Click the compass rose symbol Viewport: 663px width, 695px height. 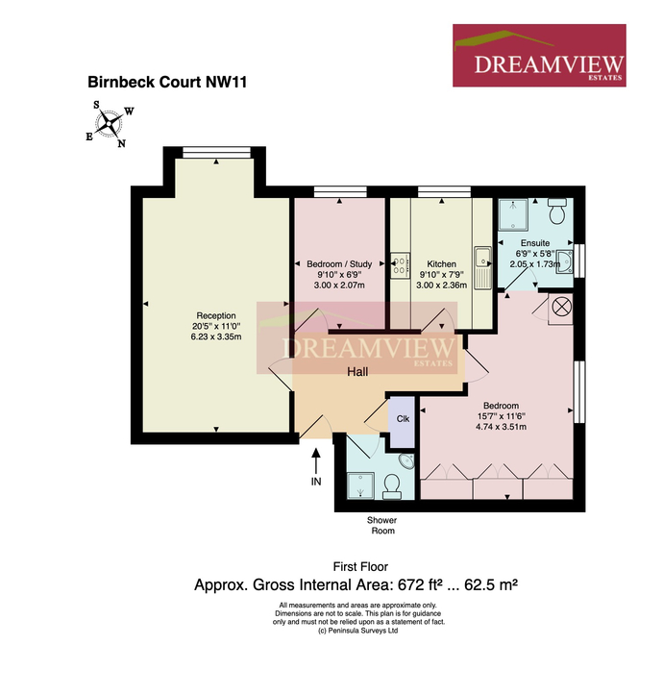point(109,124)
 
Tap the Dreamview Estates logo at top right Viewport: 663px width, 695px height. point(539,56)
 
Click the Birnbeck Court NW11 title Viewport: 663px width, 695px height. point(167,82)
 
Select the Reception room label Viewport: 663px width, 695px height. point(216,315)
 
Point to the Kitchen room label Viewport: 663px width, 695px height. point(441,263)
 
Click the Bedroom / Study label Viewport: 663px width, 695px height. point(339,263)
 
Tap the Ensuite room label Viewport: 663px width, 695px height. point(535,243)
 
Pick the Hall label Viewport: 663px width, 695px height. point(357,371)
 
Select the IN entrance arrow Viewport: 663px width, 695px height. point(316,462)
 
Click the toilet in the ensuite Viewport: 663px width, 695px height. point(557,211)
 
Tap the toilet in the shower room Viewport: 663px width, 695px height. point(392,486)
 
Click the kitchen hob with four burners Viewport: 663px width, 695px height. point(400,265)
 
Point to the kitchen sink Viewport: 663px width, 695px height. point(482,268)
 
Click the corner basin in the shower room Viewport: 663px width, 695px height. point(406,461)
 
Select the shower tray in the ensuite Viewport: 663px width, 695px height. point(513,214)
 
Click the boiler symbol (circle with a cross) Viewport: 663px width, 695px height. point(561,307)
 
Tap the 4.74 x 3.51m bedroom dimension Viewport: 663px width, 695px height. point(501,427)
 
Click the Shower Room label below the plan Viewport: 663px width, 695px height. point(382,525)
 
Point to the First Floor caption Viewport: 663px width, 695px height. point(360,566)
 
